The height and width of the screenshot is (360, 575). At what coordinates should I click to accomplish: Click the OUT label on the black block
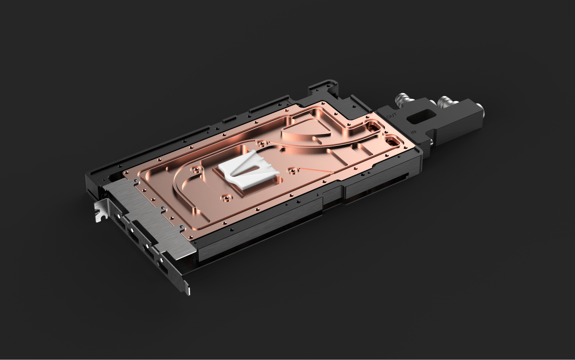click(391, 116)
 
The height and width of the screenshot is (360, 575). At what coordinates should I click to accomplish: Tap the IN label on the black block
click(414, 132)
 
